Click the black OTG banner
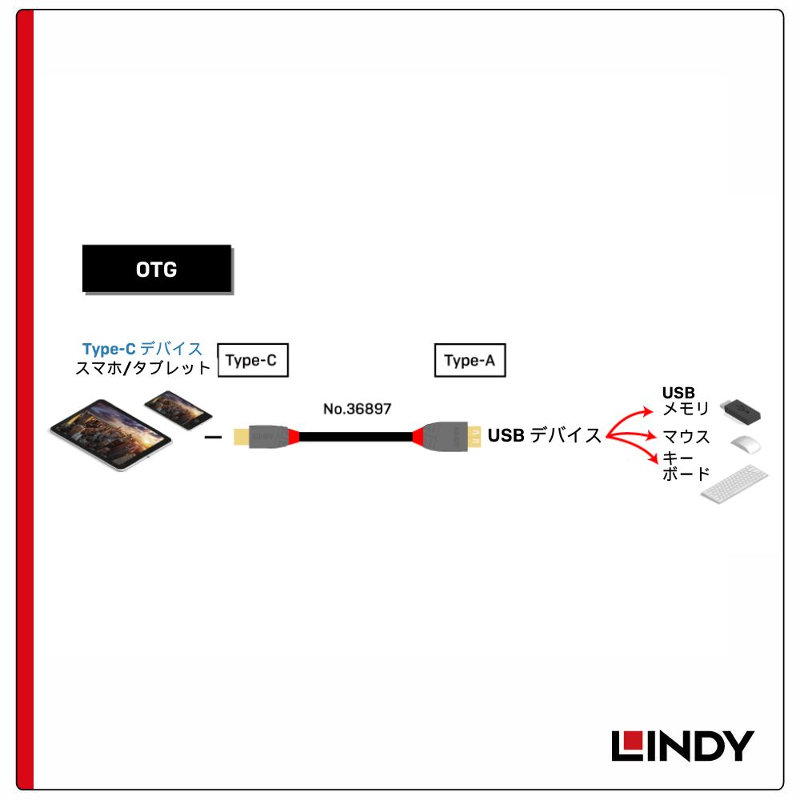[x=157, y=268]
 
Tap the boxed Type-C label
[x=253, y=360]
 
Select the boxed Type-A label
[x=470, y=360]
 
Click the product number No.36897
[x=357, y=409]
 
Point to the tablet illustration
[x=110, y=434]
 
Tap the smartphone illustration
[x=178, y=410]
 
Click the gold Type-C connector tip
[x=242, y=437]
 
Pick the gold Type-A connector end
[x=474, y=437]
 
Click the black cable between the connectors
[x=356, y=437]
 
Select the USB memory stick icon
[x=740, y=411]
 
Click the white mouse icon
[x=746, y=444]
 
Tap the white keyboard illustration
[x=734, y=484]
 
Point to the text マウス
[x=686, y=437]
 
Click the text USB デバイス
[x=544, y=435]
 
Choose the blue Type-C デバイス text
[x=142, y=349]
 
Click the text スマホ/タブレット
[x=143, y=368]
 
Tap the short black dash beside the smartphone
[x=213, y=438]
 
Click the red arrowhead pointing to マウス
[x=650, y=436]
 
